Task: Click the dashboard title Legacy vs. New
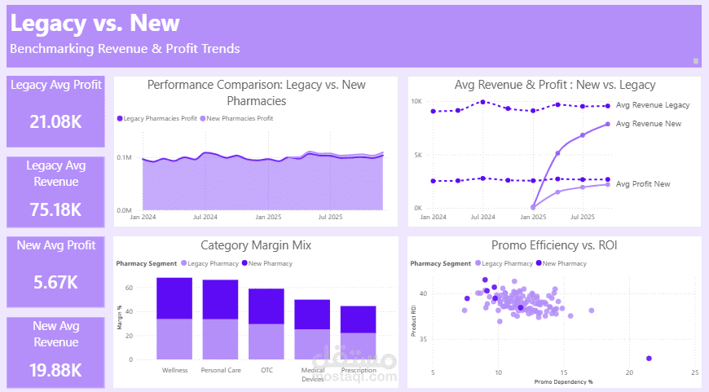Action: (x=95, y=23)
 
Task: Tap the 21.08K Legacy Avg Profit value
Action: (x=55, y=122)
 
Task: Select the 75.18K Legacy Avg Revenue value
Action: (x=55, y=209)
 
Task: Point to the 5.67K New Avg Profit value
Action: (x=55, y=283)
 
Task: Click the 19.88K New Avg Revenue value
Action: (x=55, y=370)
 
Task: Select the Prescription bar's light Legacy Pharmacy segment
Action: (x=359, y=346)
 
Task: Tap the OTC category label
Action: (x=267, y=370)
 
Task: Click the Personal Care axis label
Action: (x=220, y=370)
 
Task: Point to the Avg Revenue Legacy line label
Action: (x=653, y=105)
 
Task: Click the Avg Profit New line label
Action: (x=643, y=184)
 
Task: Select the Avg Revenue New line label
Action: (x=649, y=124)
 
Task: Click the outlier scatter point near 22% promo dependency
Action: (x=649, y=359)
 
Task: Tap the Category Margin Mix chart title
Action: (x=255, y=245)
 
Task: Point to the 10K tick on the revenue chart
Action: (x=416, y=102)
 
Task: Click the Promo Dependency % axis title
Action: (x=563, y=381)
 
